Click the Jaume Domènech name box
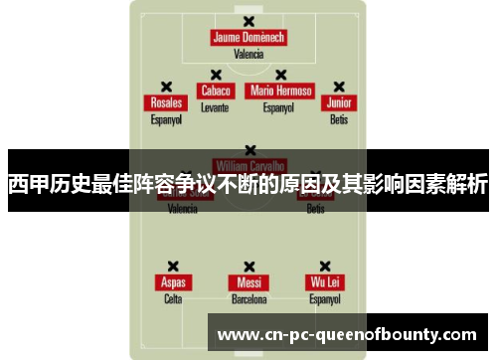click(248, 38)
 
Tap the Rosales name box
click(166, 103)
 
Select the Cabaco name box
click(215, 90)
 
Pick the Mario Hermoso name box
click(281, 90)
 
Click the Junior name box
click(340, 103)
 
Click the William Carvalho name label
click(249, 165)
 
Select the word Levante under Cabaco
click(215, 106)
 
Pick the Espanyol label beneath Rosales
click(166, 119)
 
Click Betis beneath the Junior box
click(340, 119)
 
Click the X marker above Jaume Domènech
click(248, 21)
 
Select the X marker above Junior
click(340, 87)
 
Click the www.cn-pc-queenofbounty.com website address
click(347, 334)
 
